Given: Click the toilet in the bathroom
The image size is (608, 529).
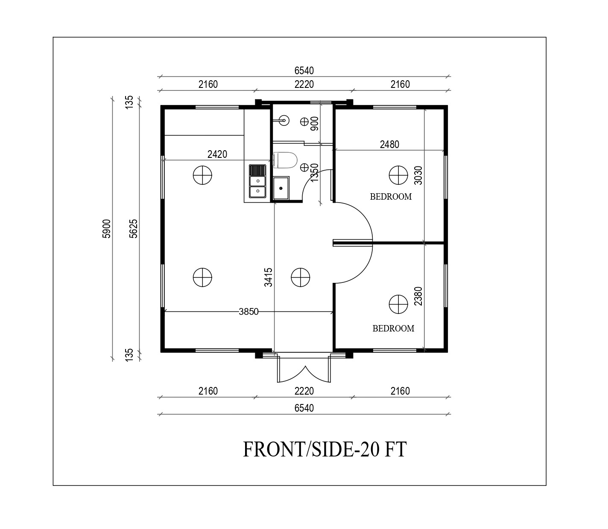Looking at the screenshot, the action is (285, 160).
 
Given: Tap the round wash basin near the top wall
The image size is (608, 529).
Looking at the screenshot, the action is (284, 121).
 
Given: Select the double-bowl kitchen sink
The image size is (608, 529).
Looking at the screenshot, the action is (257, 181).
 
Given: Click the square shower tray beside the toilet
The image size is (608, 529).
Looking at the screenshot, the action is (281, 188).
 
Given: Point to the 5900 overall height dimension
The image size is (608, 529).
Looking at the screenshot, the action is (106, 229).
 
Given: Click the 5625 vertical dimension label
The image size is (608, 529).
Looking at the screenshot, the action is (134, 229).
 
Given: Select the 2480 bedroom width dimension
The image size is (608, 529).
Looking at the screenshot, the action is (389, 145).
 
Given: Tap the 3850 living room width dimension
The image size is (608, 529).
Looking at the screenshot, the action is (248, 312).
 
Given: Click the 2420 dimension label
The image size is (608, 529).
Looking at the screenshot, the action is (217, 154).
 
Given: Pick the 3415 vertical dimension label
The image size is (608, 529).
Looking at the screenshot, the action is (268, 277).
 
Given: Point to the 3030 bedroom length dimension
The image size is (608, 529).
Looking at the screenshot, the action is (418, 175).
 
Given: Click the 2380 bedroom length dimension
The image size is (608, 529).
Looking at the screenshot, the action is (418, 296).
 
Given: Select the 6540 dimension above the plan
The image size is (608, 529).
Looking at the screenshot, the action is (304, 71).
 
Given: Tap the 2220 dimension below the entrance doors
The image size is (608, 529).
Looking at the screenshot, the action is (304, 391).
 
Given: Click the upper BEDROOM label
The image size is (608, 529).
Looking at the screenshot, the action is (391, 197).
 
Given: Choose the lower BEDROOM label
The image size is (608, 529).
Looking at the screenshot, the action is (393, 328).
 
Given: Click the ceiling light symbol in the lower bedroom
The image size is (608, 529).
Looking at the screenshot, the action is (398, 304).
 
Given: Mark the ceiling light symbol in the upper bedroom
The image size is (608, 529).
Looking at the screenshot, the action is (398, 175).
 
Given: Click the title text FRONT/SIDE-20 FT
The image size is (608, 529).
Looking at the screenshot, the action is (325, 449).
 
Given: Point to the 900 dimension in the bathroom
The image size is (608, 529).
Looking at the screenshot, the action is (314, 123).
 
